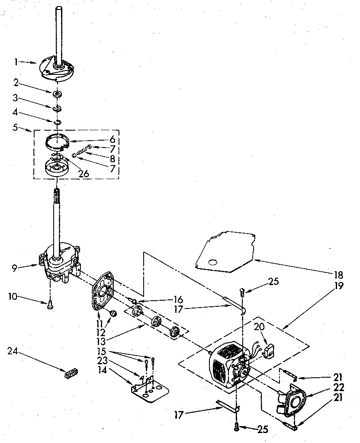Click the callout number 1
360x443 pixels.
tap(16, 62)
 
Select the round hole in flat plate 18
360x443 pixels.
tap(212, 262)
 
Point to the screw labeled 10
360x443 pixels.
tap(50, 305)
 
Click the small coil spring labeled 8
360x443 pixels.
tap(81, 151)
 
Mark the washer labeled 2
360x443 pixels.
tap(57, 94)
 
